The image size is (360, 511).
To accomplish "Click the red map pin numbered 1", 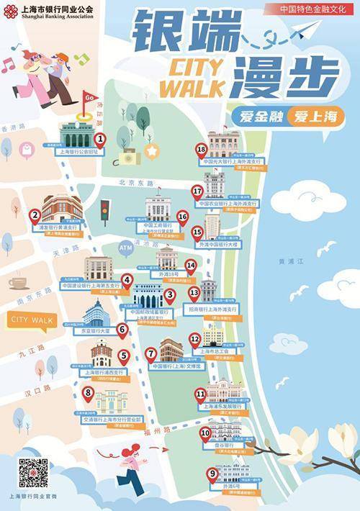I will point(100,138).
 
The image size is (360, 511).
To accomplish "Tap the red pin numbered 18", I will point(201,150).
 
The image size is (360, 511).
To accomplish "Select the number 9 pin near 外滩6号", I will point(211,474).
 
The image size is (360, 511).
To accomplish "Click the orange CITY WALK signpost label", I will point(32,319).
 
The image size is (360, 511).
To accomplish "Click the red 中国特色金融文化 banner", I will point(309,9).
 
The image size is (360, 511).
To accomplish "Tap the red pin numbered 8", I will point(89,394).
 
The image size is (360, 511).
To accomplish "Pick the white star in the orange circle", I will point(153,150).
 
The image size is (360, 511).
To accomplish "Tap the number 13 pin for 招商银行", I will point(194,294).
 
